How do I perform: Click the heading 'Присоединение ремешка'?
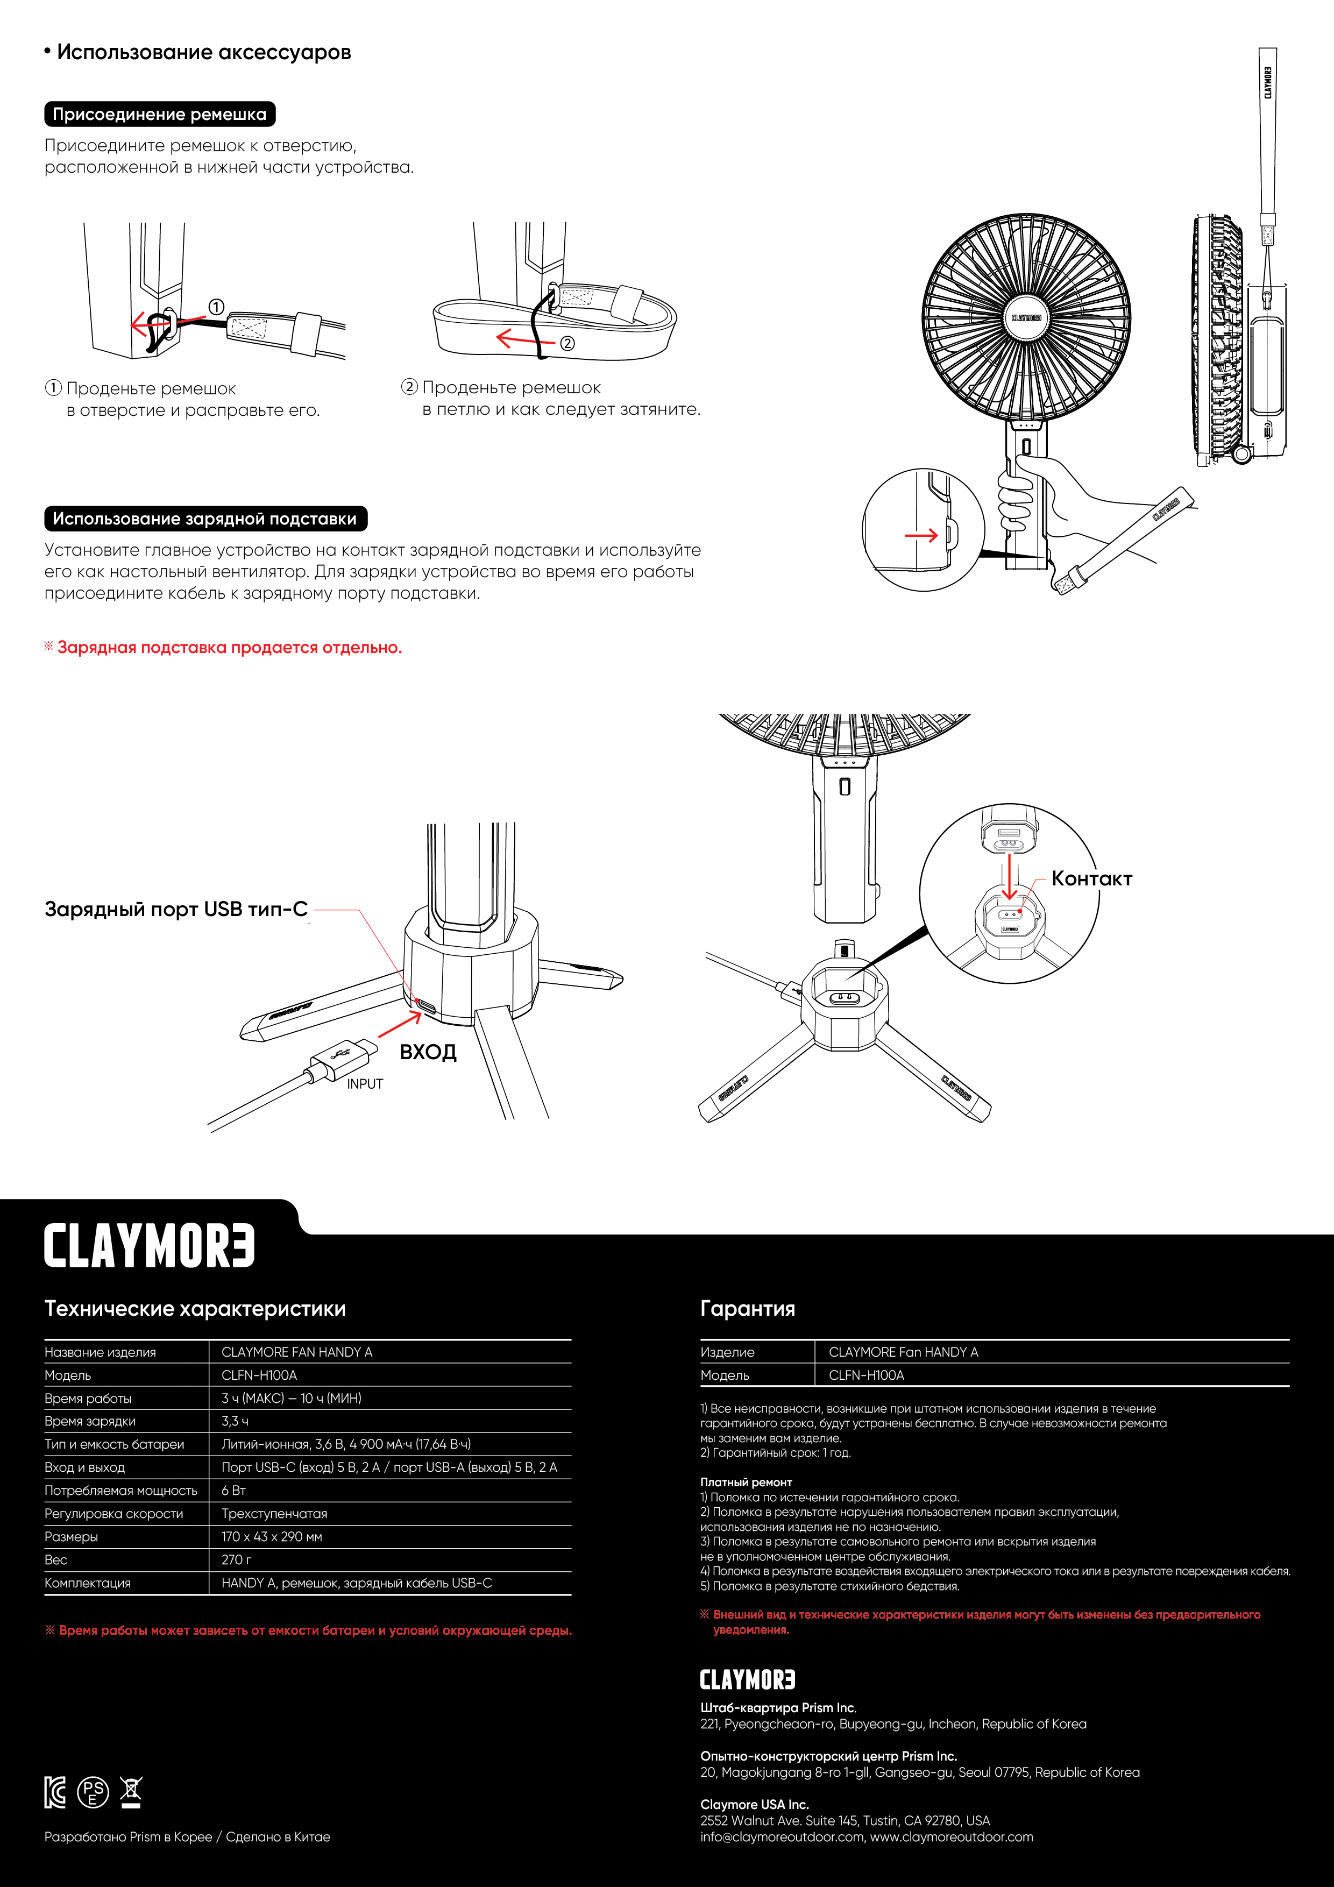(x=159, y=114)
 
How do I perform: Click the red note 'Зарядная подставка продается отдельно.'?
(x=229, y=648)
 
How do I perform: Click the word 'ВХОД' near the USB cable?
(x=428, y=1052)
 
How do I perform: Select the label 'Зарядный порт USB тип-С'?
(x=176, y=909)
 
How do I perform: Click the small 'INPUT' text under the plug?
(x=365, y=1084)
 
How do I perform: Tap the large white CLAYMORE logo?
(x=150, y=1246)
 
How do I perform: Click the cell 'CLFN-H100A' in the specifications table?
(x=259, y=1375)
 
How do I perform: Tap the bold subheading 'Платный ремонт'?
(x=746, y=1482)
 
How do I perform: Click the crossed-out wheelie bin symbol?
(x=131, y=1792)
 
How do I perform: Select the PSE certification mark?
(x=93, y=1792)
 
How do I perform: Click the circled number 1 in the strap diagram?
(x=216, y=307)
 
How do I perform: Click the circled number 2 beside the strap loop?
(x=567, y=344)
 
